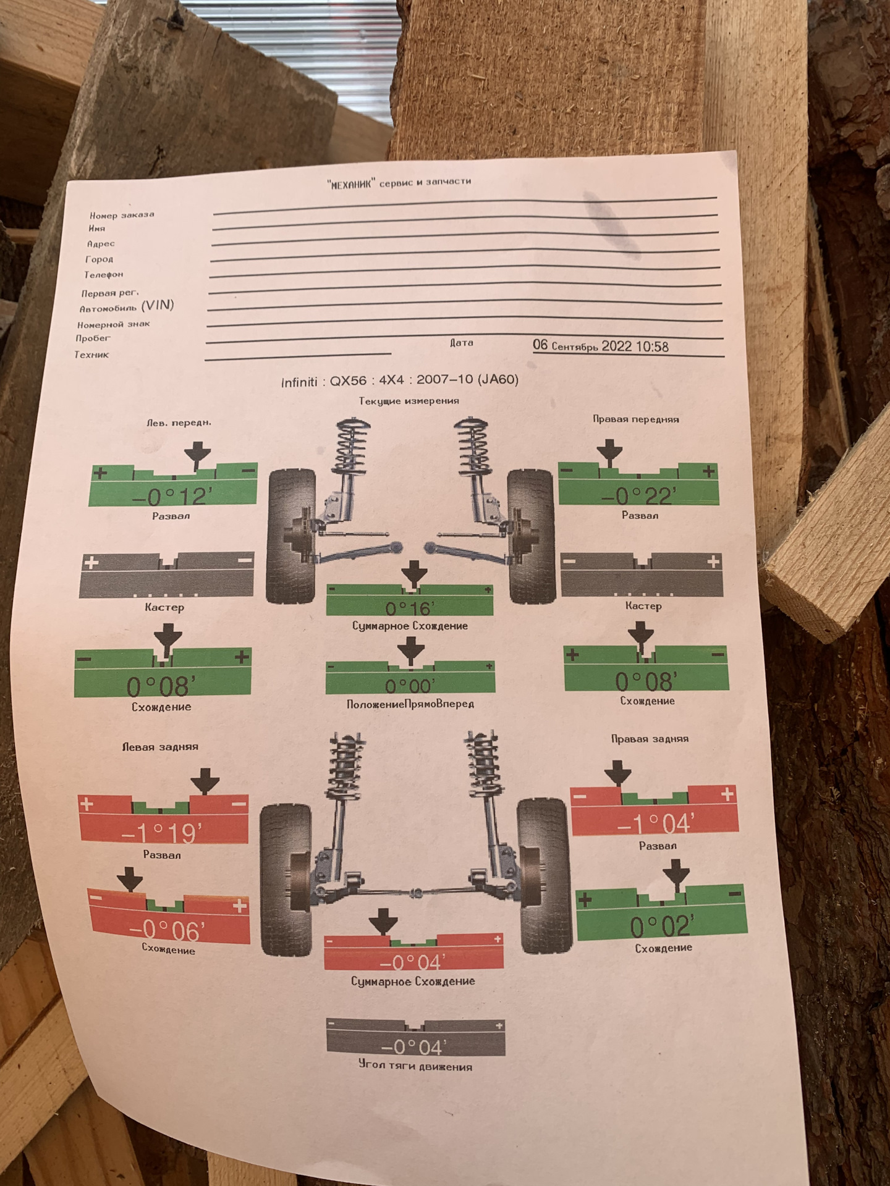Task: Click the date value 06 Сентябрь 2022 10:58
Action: [600, 346]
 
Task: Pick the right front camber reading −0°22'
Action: [638, 495]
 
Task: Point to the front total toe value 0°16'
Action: [410, 608]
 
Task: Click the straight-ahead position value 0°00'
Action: [410, 686]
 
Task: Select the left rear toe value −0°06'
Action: [167, 929]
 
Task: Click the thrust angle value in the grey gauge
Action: [413, 1046]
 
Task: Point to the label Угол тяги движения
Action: [415, 1066]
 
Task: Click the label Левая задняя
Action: [160, 746]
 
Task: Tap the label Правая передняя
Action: [635, 419]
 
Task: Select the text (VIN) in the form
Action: [158, 305]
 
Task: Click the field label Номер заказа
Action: [122, 215]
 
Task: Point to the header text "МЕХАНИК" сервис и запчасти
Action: [399, 183]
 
